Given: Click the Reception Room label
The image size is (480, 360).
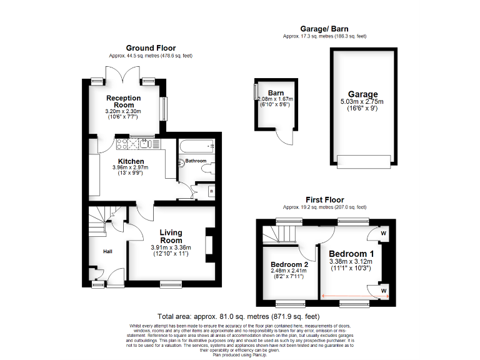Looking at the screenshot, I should click(123, 101).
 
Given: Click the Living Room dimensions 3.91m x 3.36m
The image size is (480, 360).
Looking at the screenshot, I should click(171, 248).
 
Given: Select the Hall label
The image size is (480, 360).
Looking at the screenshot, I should click(107, 251).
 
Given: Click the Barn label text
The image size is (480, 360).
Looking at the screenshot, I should click(276, 93).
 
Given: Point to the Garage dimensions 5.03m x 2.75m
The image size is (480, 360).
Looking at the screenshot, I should click(362, 102).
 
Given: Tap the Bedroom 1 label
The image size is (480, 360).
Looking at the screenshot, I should click(351, 253).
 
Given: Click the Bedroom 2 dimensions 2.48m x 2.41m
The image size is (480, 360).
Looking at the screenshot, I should click(289, 272).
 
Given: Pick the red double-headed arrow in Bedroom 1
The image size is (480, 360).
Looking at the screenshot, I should click(354, 297).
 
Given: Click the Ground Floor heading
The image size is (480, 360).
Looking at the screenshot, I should click(151, 47).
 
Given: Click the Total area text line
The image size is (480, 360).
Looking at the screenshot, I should click(239, 317).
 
